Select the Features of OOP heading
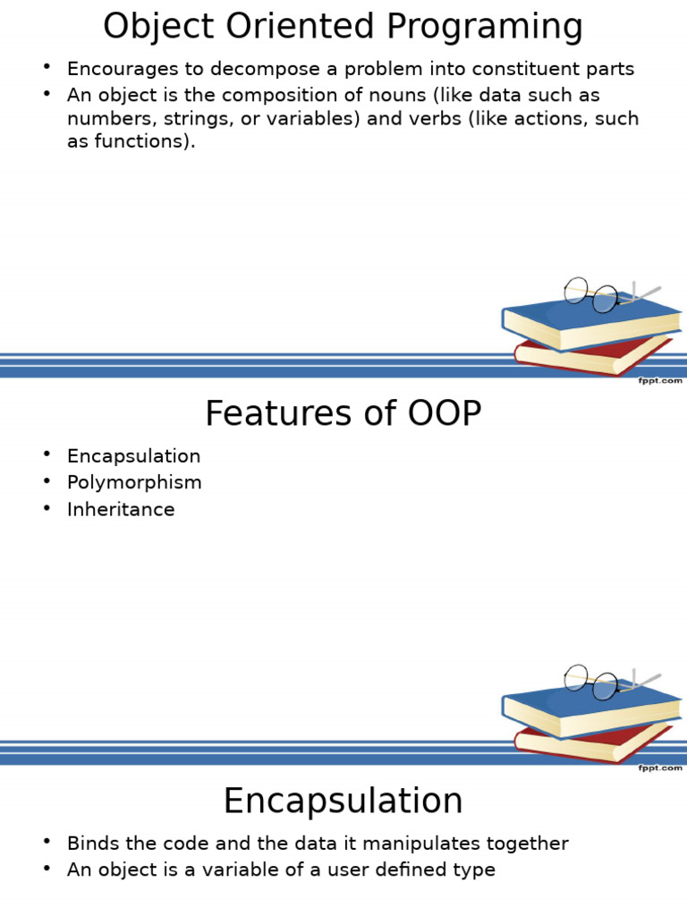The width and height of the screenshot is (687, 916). point(343,414)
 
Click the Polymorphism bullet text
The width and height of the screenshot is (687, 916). point(134,483)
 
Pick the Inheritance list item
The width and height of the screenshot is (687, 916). point(121,510)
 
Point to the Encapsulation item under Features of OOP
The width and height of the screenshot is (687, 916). point(133,456)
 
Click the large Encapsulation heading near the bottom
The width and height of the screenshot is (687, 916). point(343,801)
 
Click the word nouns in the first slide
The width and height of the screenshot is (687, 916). point(381,95)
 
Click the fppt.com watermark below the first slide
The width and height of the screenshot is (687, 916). point(660,381)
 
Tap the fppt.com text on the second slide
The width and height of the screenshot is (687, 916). point(660,768)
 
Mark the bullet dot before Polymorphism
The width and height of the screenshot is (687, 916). point(47,481)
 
